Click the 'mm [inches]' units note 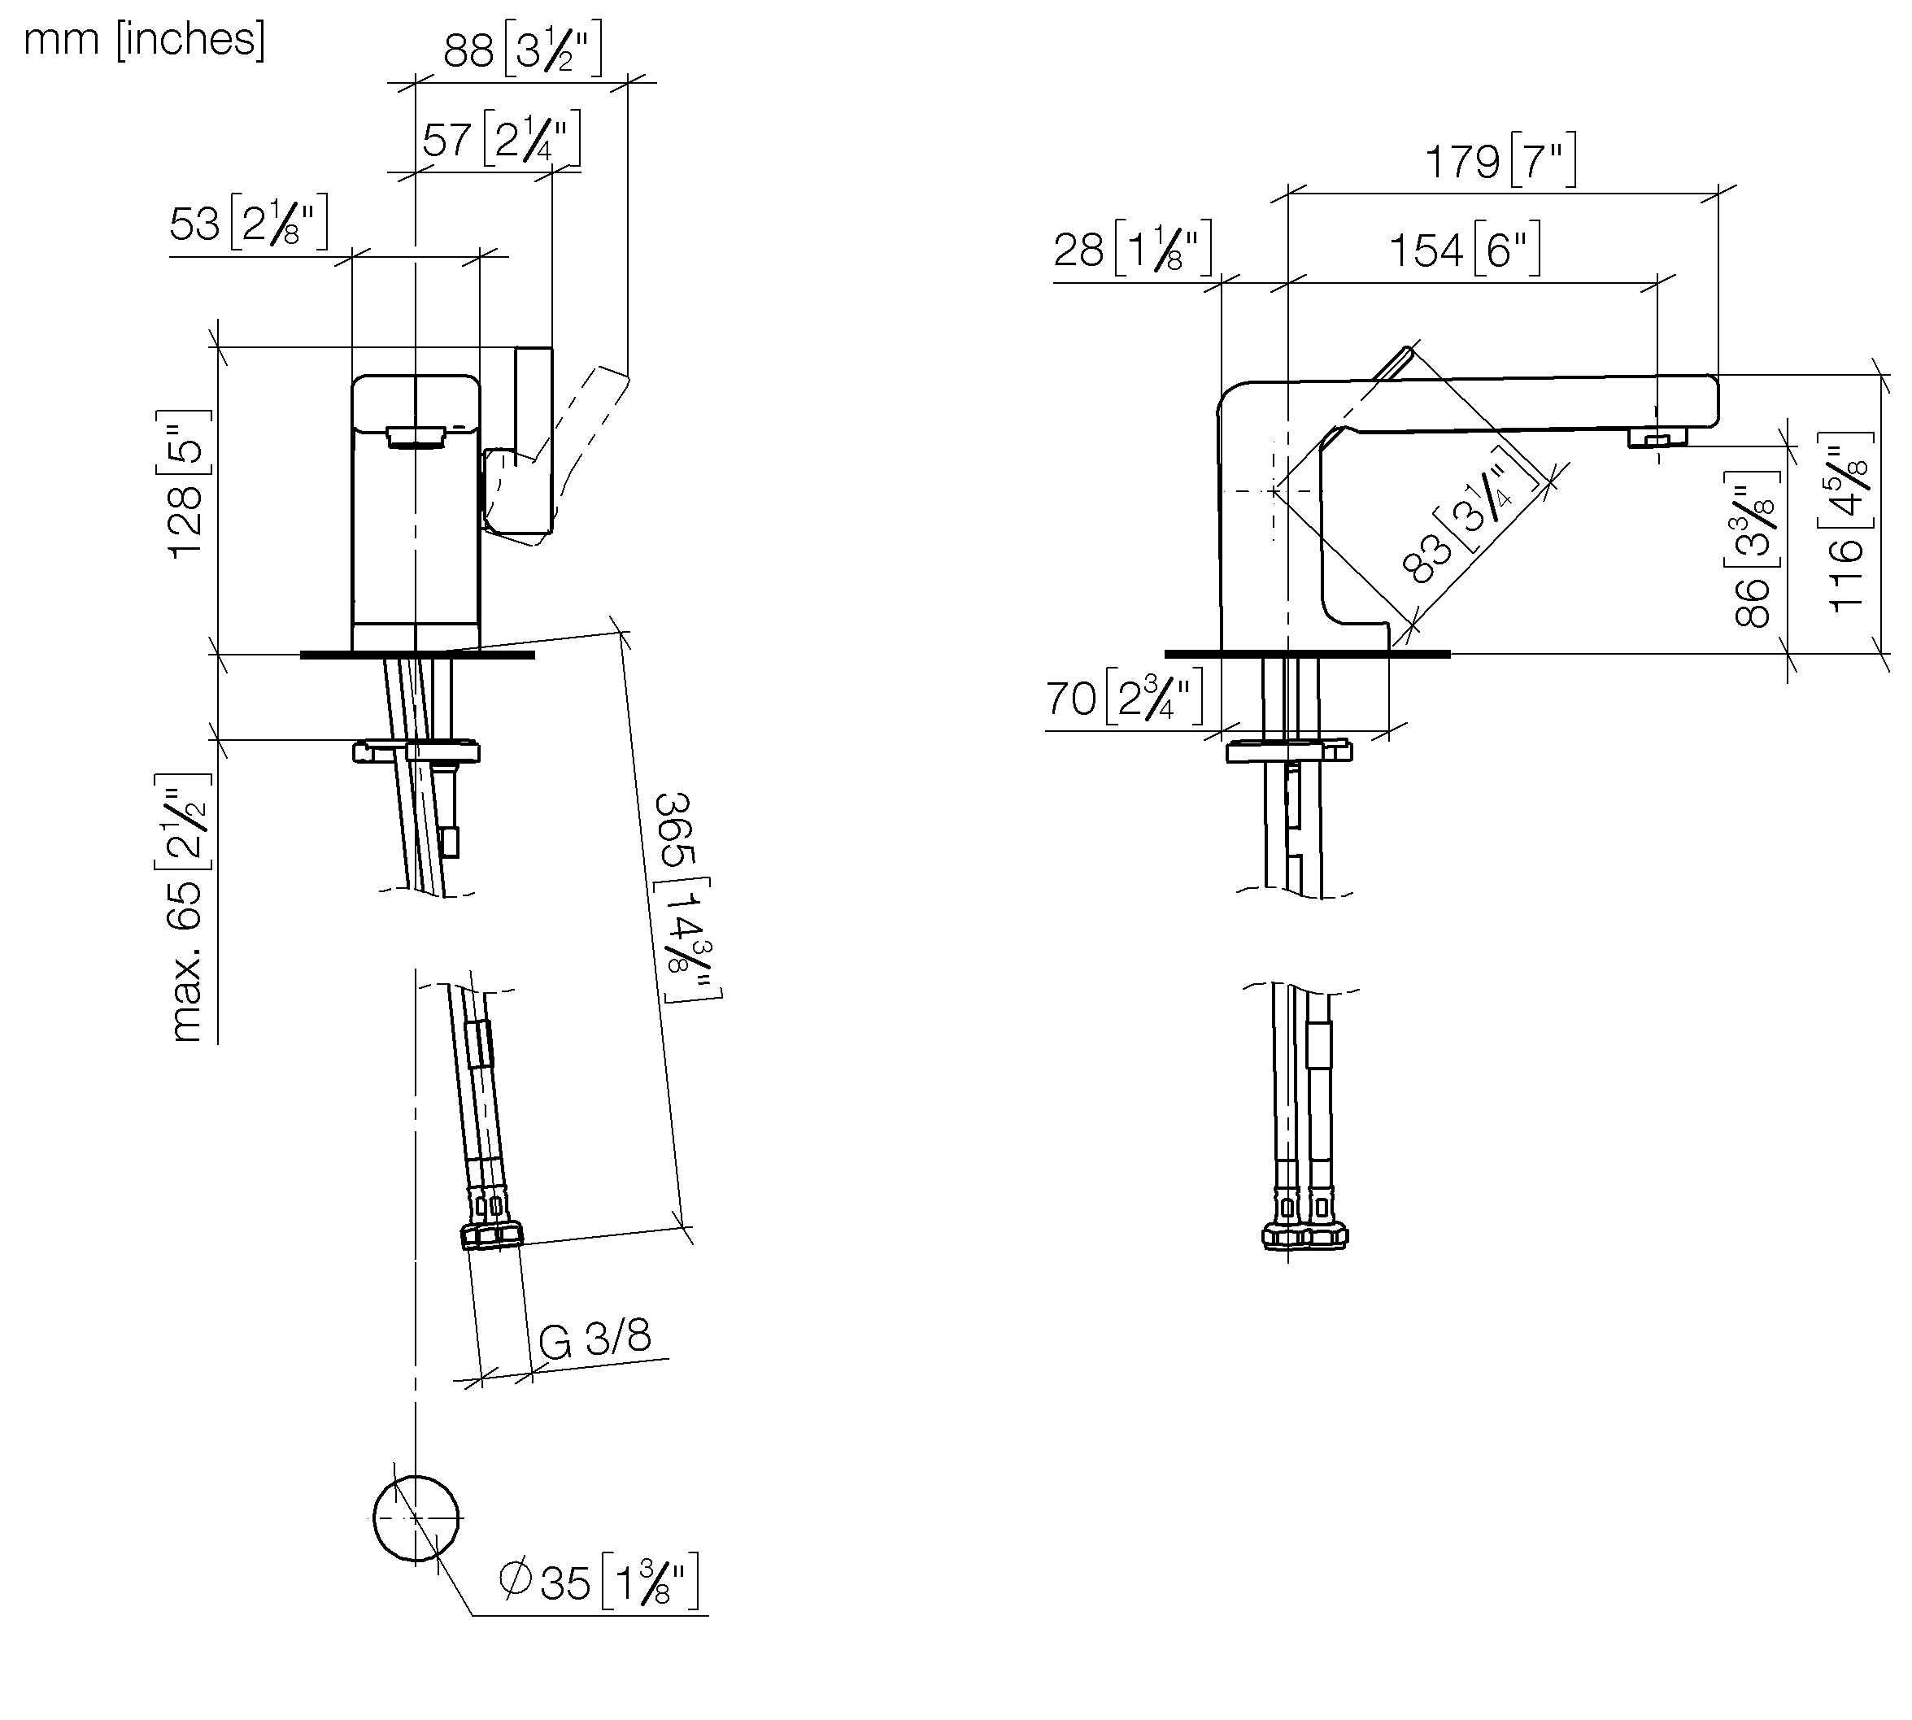click(x=145, y=41)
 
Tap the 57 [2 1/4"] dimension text click(x=501, y=139)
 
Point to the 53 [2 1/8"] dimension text click(x=249, y=223)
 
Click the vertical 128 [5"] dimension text click(x=185, y=484)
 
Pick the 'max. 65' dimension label click(x=185, y=960)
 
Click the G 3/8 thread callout click(x=595, y=1339)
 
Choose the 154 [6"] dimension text click(x=1464, y=250)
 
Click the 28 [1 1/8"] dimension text click(x=1132, y=250)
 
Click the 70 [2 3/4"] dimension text click(x=1125, y=699)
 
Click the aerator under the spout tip click(x=1657, y=438)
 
